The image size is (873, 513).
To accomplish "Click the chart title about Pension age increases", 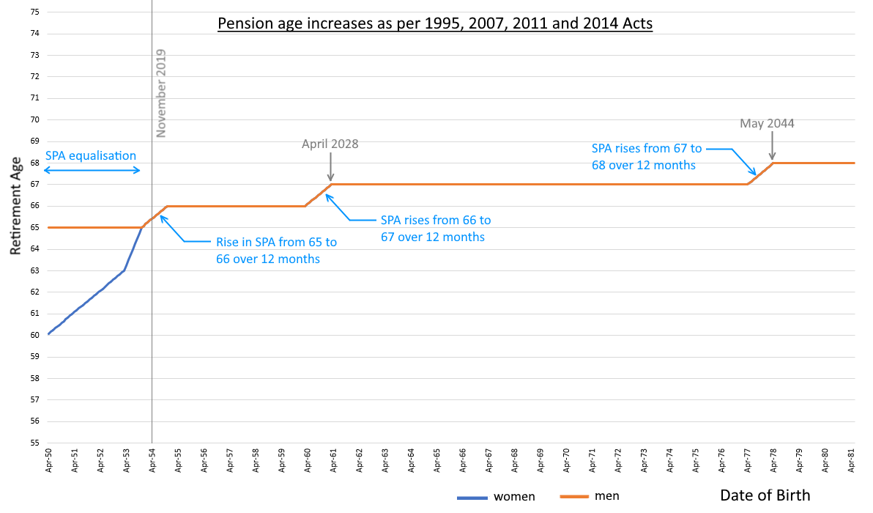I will tap(435, 23).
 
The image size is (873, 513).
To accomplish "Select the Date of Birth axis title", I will tap(765, 495).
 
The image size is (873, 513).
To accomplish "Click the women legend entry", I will tap(514, 497).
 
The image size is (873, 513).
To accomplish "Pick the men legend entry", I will tap(606, 497).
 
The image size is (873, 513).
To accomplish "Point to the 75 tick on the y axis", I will tap(34, 12).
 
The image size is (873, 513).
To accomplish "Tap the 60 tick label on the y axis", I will tap(34, 335).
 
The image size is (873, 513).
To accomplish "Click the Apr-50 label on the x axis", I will tap(49, 460).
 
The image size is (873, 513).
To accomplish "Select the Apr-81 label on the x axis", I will tap(852, 460).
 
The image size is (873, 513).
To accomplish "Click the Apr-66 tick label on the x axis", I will tap(463, 460).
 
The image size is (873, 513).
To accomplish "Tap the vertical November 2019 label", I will tap(162, 93).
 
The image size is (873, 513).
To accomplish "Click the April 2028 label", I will tap(330, 144).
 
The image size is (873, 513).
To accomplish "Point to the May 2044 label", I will tap(767, 123).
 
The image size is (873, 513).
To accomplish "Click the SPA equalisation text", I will tap(91, 155).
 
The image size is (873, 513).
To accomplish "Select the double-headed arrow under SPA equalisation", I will tap(92, 171).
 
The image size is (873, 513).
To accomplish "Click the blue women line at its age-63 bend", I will tap(125, 270).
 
